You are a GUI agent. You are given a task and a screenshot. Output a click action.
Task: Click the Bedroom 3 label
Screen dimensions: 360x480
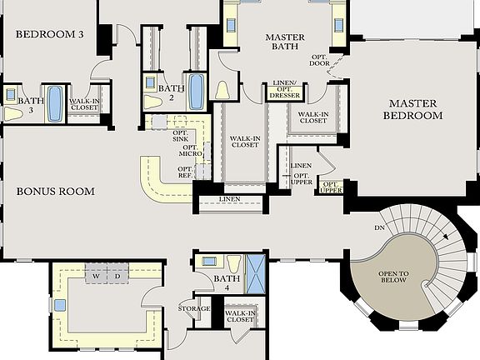point(50,35)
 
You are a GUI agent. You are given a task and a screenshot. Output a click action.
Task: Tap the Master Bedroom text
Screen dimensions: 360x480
point(412,109)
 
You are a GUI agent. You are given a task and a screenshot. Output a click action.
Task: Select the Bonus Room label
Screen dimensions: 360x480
point(55,191)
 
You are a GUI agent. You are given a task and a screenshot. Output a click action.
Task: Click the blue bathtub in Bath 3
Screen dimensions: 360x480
point(54,103)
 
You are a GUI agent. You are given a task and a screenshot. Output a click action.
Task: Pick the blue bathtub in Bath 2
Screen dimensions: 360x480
point(197,92)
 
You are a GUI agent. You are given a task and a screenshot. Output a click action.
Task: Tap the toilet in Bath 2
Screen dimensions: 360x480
point(152,102)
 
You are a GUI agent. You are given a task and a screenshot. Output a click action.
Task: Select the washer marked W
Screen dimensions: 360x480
point(96,275)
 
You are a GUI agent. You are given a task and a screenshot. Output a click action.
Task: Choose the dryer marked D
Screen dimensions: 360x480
point(117,275)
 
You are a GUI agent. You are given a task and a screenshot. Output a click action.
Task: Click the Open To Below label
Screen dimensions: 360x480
point(392,276)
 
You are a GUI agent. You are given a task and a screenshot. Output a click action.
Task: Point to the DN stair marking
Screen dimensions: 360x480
point(379,227)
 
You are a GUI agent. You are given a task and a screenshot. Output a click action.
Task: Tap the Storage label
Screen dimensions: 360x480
point(194,308)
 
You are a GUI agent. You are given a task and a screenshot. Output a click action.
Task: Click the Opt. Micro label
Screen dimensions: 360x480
point(187,152)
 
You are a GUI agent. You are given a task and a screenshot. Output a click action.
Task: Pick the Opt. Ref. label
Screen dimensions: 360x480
point(185,172)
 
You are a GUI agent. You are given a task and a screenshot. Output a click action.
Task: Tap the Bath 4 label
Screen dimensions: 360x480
point(227,283)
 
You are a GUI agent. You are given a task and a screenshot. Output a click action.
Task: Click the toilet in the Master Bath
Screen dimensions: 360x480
point(222,90)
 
